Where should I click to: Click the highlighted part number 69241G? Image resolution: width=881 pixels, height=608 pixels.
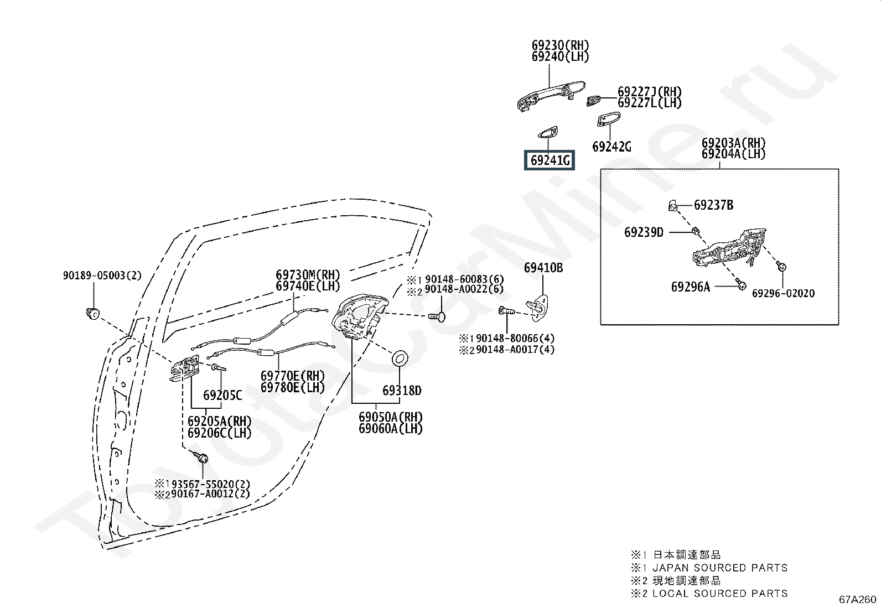tap(550, 160)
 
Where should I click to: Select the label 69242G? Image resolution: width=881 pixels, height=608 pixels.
tap(611, 147)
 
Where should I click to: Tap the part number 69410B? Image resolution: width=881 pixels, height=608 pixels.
tap(543, 268)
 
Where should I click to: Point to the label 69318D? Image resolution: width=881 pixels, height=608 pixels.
tap(402, 391)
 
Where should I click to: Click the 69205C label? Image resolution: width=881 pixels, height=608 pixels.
tap(222, 395)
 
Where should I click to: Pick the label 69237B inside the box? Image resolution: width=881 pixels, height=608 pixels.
tap(713, 205)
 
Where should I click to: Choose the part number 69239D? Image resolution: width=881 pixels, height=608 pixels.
tap(644, 232)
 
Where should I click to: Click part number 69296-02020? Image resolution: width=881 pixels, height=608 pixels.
tap(783, 293)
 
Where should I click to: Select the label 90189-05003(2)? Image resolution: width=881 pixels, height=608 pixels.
tap(102, 276)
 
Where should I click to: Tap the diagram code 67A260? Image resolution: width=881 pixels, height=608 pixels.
tap(858, 599)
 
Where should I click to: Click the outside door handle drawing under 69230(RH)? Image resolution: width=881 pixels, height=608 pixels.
tap(551, 96)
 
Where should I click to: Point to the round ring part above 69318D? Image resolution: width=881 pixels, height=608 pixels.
tap(400, 358)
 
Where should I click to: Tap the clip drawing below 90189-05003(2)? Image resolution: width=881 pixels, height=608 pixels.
tap(92, 314)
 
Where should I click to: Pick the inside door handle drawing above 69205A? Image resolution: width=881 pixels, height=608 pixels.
tap(184, 368)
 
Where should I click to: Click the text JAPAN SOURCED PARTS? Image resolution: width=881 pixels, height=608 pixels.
tap(720, 568)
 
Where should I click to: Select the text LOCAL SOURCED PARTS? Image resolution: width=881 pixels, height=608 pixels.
tap(720, 593)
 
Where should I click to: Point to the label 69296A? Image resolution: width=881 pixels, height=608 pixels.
tap(691, 287)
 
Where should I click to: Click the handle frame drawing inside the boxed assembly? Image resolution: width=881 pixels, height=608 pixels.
tap(729, 248)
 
